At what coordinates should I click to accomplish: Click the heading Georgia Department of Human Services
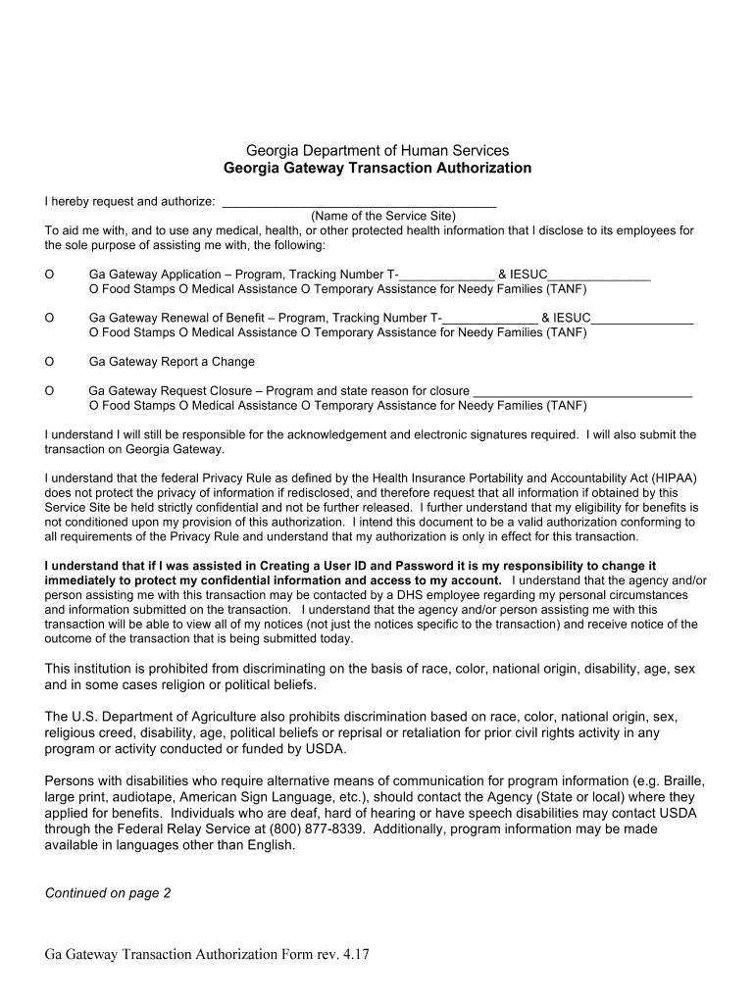[x=377, y=150]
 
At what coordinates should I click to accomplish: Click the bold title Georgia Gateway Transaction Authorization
[x=377, y=168]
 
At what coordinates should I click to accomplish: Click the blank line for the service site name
[x=359, y=202]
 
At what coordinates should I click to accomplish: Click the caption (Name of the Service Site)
[x=382, y=216]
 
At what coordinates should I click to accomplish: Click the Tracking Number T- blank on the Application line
[x=447, y=276]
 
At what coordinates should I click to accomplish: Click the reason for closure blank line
[x=582, y=391]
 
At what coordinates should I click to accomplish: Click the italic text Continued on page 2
[x=108, y=893]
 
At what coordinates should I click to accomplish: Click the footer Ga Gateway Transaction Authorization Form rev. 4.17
[x=207, y=955]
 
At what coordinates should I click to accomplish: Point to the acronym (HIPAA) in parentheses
[x=667, y=478]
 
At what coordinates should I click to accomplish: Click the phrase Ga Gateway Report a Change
[x=172, y=362]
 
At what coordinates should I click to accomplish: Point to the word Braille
[x=678, y=781]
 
